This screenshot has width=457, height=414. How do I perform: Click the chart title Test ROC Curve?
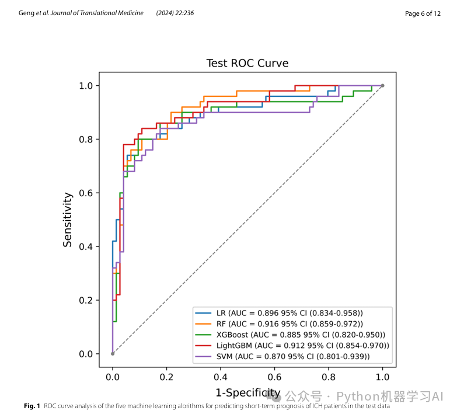pos(247,63)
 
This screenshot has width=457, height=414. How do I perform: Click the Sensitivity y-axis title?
pos(68,220)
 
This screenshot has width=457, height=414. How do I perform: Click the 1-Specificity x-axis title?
pos(247,392)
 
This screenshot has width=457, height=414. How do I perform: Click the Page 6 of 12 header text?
pos(423,13)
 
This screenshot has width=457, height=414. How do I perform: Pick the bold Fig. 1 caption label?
pos(32,406)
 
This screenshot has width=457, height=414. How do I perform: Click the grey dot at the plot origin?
pos(113,353)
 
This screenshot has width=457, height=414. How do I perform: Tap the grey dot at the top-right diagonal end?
pos(382,86)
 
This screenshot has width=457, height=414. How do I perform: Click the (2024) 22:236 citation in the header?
pos(175,13)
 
